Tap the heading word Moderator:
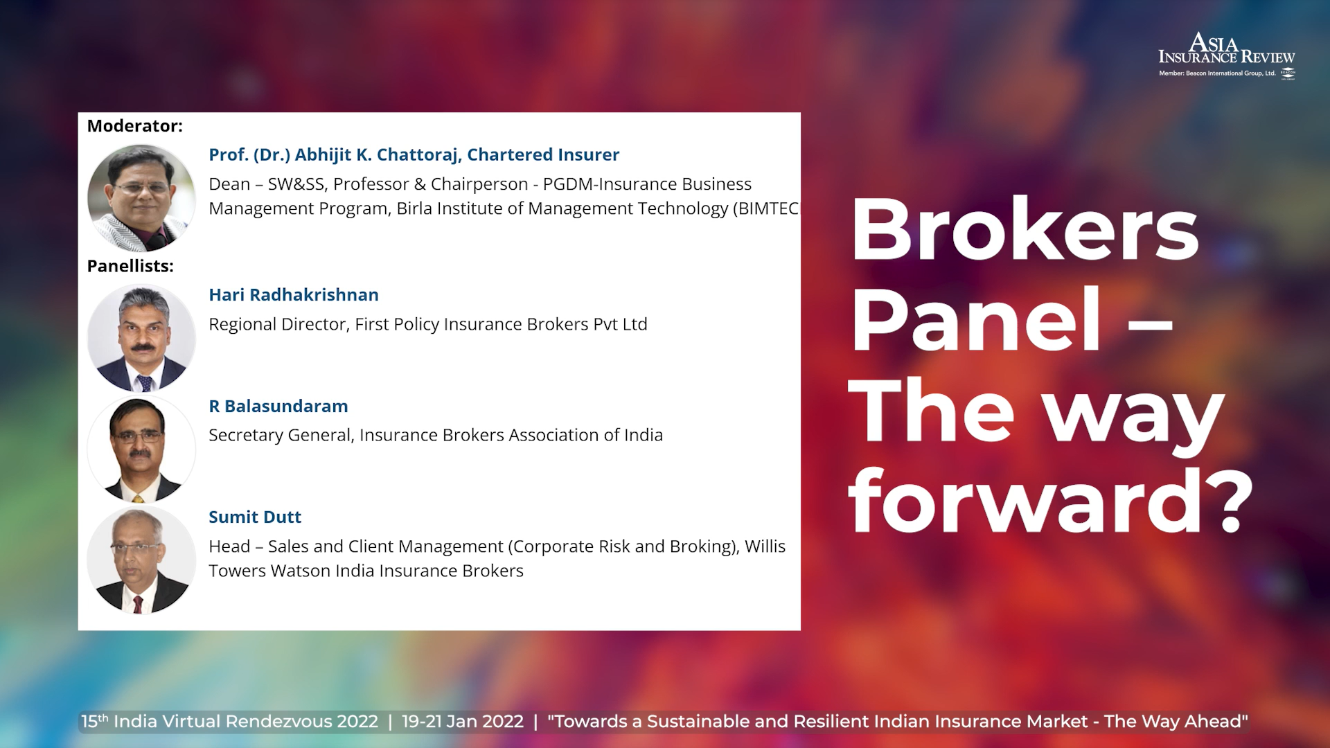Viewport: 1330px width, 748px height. coord(135,126)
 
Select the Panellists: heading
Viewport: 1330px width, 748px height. coord(130,266)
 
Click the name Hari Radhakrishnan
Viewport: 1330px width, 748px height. coord(294,295)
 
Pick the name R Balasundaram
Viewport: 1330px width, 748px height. coord(278,407)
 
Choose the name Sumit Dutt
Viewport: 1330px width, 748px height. coord(255,517)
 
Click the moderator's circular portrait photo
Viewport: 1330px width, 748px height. coord(141,198)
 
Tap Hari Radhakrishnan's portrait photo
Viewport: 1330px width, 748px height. coord(141,338)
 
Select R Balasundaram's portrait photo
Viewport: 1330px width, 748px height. coord(141,449)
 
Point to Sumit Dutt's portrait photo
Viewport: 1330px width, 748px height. coord(141,560)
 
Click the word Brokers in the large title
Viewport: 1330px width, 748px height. coord(1025,229)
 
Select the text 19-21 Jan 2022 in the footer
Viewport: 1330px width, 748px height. coord(463,722)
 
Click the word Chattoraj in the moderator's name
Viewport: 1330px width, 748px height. coord(418,155)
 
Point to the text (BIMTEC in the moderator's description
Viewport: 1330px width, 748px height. coord(765,208)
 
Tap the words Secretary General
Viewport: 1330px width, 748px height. coord(281,435)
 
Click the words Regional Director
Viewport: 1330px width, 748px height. coord(278,324)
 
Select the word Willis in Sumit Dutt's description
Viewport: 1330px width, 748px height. coord(765,546)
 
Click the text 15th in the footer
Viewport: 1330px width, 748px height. coord(95,721)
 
